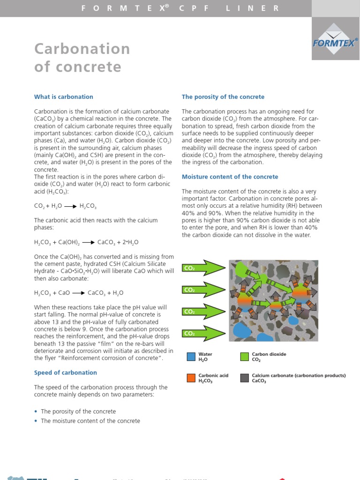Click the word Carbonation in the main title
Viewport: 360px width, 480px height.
point(82,49)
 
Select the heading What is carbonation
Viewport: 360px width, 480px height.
point(64,97)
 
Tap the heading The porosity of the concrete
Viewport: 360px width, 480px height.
point(223,97)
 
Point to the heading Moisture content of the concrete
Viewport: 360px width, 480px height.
point(230,177)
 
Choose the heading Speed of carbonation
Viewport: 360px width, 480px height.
point(66,373)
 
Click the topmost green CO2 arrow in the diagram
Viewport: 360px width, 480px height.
point(204,268)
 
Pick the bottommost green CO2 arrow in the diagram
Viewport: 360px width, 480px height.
point(204,333)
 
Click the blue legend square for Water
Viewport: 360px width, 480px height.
point(191,357)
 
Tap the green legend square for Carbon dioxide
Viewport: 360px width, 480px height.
point(245,357)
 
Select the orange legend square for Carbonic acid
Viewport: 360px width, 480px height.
point(191,378)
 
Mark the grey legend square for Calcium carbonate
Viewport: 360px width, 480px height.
point(245,378)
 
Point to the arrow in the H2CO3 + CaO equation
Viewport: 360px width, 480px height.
point(78,292)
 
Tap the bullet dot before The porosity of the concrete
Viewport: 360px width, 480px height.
point(36,412)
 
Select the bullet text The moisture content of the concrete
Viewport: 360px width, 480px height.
point(90,421)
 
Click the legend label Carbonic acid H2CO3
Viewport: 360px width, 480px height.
point(213,378)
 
